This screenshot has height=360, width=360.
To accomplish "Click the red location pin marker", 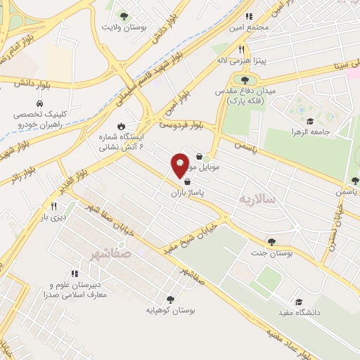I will pos(180,165).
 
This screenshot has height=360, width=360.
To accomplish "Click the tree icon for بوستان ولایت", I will pos(124,16).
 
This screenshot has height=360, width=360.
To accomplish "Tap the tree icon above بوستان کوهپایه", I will pos(169,298).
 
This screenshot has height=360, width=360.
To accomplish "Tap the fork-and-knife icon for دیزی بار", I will pos(53,206).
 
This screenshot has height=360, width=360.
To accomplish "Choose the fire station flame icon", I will pos(129,125).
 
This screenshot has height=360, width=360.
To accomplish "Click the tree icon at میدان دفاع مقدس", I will pos(244,79).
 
